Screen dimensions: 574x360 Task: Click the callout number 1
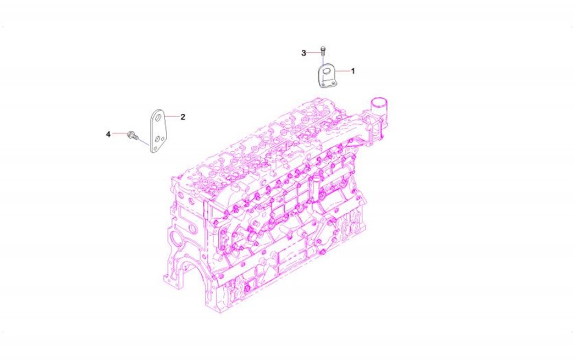pyautogui.click(x=353, y=71)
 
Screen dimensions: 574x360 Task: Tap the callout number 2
pyautogui.click(x=183, y=117)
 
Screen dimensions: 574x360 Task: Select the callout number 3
pyautogui.click(x=303, y=53)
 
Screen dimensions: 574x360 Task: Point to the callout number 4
pyautogui.click(x=108, y=135)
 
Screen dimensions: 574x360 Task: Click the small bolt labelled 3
pyautogui.click(x=323, y=50)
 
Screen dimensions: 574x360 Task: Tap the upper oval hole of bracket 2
pyautogui.click(x=158, y=118)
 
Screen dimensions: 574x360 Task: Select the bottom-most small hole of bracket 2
pyautogui.click(x=155, y=148)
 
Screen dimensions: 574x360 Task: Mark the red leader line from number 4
pyautogui.click(x=120, y=134)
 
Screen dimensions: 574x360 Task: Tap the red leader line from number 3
pyautogui.click(x=314, y=53)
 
